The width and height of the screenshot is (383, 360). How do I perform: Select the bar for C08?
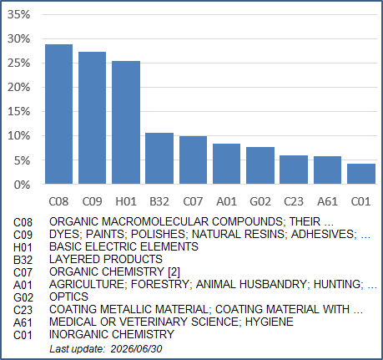click(x=59, y=114)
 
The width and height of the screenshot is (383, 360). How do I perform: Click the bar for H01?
click(x=126, y=123)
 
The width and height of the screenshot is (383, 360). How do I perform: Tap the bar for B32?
click(x=159, y=159)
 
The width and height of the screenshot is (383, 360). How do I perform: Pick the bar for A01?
click(x=226, y=164)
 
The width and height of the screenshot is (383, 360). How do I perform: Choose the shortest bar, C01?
click(x=361, y=174)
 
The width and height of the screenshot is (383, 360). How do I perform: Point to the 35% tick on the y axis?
click(x=19, y=14)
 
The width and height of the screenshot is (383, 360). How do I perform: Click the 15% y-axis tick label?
click(x=19, y=112)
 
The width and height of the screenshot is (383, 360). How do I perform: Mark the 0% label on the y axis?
click(x=22, y=185)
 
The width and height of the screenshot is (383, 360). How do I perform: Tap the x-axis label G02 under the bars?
click(x=260, y=201)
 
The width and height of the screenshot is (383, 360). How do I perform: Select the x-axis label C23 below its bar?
click(x=294, y=201)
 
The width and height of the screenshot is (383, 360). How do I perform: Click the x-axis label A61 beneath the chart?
click(x=327, y=201)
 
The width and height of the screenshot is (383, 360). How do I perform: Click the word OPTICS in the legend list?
click(x=68, y=297)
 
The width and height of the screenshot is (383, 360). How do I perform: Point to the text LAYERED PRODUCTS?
click(x=106, y=259)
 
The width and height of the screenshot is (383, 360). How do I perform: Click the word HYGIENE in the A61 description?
click(x=270, y=322)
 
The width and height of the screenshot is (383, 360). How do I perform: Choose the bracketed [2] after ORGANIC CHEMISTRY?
click(x=174, y=271)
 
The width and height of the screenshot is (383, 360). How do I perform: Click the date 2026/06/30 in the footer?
click(x=136, y=349)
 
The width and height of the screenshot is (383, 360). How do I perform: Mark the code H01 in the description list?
click(x=23, y=247)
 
